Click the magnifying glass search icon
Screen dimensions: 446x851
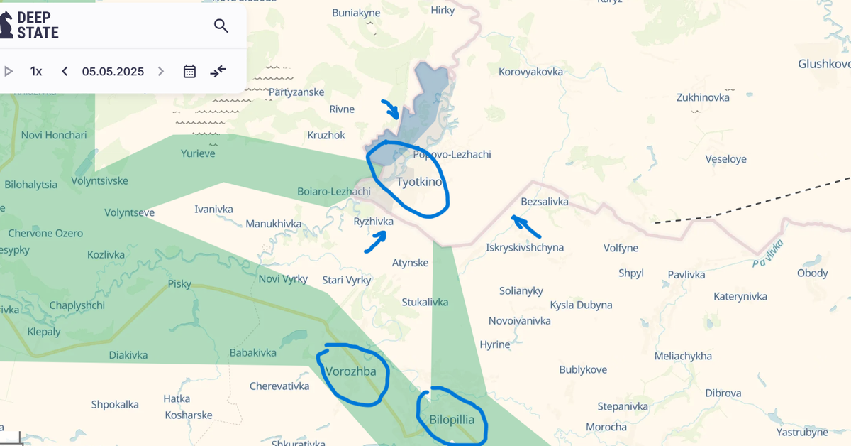point(221,26)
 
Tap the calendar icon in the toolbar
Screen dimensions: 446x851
point(189,71)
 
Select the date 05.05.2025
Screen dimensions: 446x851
point(113,71)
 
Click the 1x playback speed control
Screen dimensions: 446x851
point(36,71)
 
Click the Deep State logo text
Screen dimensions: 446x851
point(37,25)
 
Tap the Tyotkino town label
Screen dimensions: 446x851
point(419,182)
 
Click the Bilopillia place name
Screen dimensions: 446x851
point(452,419)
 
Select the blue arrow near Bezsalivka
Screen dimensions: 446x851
point(526,226)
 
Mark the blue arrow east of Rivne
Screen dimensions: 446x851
point(389,109)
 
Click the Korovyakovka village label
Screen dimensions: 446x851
point(530,72)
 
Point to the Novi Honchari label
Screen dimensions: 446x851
point(54,136)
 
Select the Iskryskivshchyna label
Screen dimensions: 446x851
point(525,247)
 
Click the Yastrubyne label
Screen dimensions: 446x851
point(802,432)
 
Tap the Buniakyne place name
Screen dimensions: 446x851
point(356,13)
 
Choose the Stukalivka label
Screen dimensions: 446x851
point(425,302)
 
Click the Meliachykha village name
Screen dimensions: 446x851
point(682,356)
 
